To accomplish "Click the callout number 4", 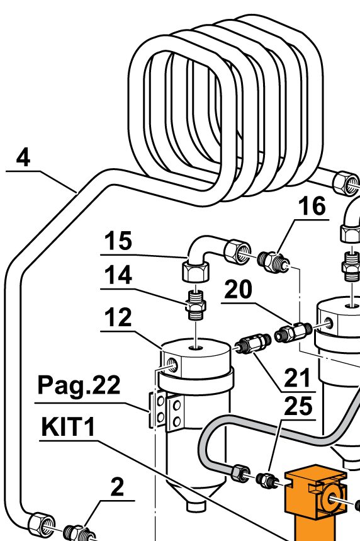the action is tap(23, 157).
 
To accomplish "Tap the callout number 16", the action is tap(312, 207).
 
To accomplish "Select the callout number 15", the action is tap(118, 241).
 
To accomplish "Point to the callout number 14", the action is tap(118, 275).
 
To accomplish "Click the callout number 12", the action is tap(118, 317).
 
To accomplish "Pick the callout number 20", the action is tap(238, 289).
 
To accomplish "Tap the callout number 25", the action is tap(298, 406).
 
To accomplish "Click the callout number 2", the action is tap(117, 487).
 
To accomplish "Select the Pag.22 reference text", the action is tap(79, 385).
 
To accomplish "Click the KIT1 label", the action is tap(68, 427).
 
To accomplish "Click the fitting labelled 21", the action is tap(253, 343).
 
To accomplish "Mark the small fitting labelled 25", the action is tap(267, 480).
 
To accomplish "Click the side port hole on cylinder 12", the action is tap(172, 365).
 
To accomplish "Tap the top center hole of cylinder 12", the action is tap(196, 347).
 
